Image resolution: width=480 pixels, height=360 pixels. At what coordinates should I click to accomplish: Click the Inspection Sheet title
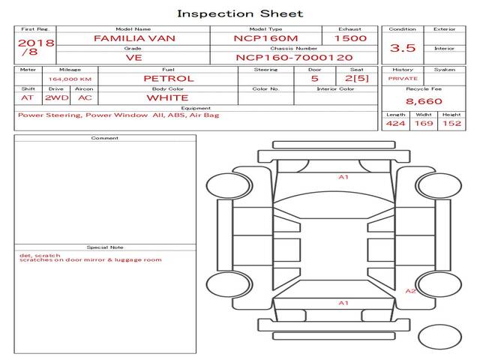pyautogui.click(x=240, y=13)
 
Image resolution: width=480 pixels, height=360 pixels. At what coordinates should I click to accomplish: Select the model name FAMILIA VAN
pyautogui.click(x=134, y=38)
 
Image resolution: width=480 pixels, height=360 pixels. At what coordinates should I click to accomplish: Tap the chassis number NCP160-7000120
pyautogui.click(x=294, y=58)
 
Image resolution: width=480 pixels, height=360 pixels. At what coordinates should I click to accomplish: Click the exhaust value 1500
pyautogui.click(x=350, y=38)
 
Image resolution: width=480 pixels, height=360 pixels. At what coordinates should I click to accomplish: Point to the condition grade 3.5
pyautogui.click(x=403, y=48)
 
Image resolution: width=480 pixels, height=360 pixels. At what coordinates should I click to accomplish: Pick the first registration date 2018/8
pyautogui.click(x=36, y=46)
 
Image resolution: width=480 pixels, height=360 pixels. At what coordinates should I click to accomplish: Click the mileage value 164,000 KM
pyautogui.click(x=70, y=79)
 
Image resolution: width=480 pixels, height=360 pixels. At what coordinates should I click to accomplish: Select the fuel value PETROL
pyautogui.click(x=169, y=79)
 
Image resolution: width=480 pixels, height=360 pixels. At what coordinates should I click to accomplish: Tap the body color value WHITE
pyautogui.click(x=168, y=98)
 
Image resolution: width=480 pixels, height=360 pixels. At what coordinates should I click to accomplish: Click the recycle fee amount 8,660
pyautogui.click(x=424, y=101)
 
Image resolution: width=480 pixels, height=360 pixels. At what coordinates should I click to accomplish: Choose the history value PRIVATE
pyautogui.click(x=403, y=79)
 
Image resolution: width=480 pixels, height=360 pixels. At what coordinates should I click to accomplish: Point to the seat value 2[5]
pyautogui.click(x=357, y=78)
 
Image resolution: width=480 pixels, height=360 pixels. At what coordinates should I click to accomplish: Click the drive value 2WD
pyautogui.click(x=57, y=98)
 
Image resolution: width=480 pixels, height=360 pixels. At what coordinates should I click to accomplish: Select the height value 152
pyautogui.click(x=451, y=123)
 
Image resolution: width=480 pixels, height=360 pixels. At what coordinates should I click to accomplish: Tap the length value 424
pyautogui.click(x=395, y=123)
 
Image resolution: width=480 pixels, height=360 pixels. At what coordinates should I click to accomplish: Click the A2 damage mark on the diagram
pyautogui.click(x=410, y=291)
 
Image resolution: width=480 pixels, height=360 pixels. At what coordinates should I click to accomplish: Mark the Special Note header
pyautogui.click(x=105, y=247)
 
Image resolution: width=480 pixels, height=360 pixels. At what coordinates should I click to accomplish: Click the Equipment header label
pyautogui.click(x=196, y=108)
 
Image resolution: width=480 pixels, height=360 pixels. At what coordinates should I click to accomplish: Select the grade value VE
pyautogui.click(x=133, y=58)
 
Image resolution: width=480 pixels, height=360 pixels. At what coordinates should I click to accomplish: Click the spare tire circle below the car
pyautogui.click(x=439, y=337)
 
